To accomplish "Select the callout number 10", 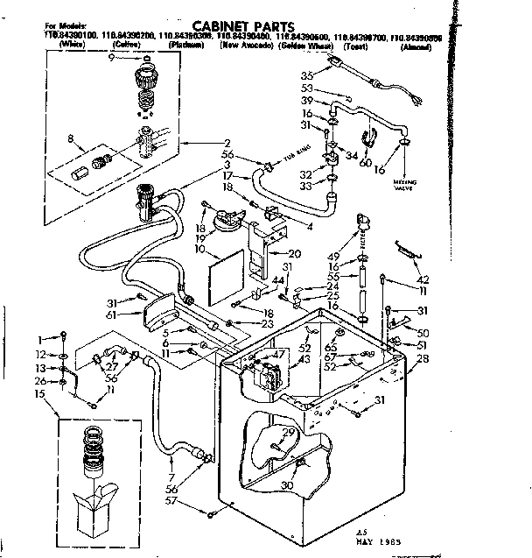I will [x=200, y=250].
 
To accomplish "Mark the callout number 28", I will [x=424, y=358].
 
